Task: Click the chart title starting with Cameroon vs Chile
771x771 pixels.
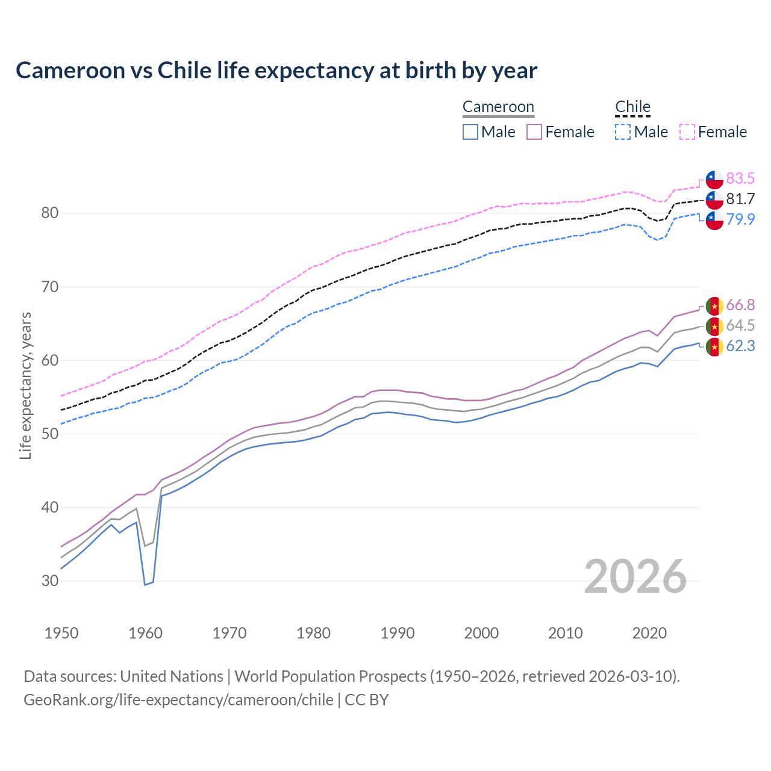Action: (276, 70)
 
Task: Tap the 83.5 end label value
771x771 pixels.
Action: (740, 178)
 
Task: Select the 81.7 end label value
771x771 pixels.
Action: (740, 199)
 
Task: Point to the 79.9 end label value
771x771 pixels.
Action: (740, 219)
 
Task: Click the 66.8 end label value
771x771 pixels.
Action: (740, 305)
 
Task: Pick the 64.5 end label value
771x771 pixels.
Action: (740, 326)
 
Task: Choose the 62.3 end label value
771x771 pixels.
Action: (740, 346)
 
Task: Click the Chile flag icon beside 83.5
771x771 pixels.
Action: (714, 179)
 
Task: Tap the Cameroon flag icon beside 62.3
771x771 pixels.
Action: (714, 347)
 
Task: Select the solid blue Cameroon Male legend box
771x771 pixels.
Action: (470, 132)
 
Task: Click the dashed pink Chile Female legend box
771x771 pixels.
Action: (687, 132)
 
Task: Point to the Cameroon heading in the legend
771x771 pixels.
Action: (498, 107)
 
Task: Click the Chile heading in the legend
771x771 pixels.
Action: (632, 107)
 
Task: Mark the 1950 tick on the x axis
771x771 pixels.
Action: (61, 633)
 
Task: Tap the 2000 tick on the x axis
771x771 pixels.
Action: (482, 633)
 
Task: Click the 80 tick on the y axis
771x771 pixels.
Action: (50, 213)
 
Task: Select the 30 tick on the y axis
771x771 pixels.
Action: (50, 581)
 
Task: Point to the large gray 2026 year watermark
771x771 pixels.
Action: (635, 576)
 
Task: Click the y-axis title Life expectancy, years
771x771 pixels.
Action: (25, 385)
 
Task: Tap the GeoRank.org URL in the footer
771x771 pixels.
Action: (178, 700)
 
